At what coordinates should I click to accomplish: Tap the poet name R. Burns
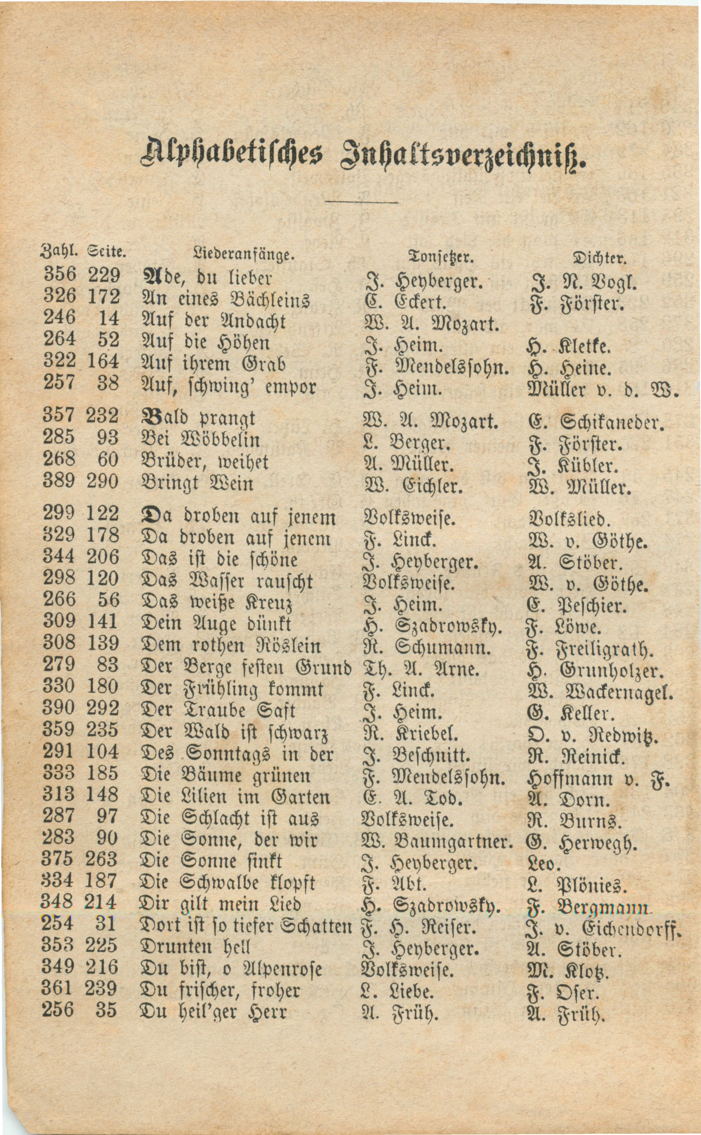click(574, 821)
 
